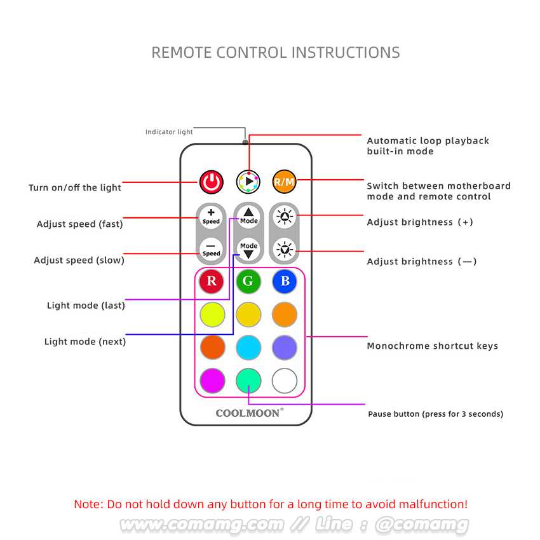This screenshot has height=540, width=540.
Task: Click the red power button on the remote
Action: (212, 182)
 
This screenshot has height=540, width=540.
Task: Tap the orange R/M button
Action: (284, 182)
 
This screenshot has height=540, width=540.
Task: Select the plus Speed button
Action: (211, 216)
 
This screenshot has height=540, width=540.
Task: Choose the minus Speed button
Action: (211, 248)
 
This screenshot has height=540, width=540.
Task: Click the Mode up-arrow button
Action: (248, 216)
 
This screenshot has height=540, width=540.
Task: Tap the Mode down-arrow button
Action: (248, 248)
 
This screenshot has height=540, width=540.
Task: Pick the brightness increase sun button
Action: (284, 216)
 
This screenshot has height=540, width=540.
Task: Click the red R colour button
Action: (212, 281)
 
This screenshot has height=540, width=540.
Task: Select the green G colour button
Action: (248, 281)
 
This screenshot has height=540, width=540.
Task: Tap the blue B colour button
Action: (285, 281)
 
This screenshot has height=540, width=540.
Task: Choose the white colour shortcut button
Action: (285, 381)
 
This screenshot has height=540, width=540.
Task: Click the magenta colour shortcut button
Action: (212, 381)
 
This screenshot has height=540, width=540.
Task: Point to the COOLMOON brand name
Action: (248, 413)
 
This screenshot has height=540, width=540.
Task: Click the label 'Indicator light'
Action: (169, 132)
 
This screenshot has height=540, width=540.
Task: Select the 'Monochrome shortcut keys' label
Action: (432, 346)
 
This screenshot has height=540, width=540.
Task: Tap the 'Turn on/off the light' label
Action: (74, 188)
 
